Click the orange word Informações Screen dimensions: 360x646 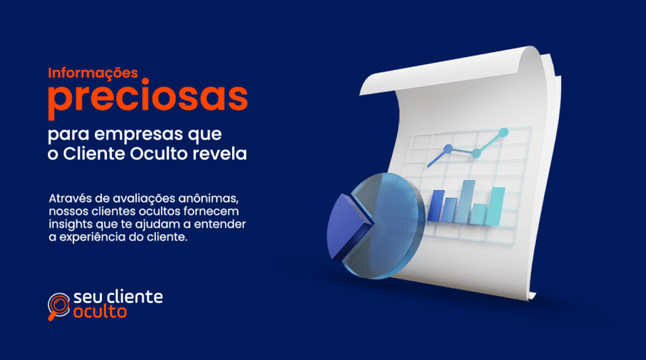point(93,74)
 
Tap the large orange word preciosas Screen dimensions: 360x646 point(148,99)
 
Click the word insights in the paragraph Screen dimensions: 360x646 point(71,225)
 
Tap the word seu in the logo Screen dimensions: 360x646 point(87,296)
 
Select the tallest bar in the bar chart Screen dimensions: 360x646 point(469,202)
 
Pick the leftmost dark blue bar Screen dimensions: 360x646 point(437,206)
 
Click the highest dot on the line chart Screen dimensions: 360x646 point(504,132)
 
